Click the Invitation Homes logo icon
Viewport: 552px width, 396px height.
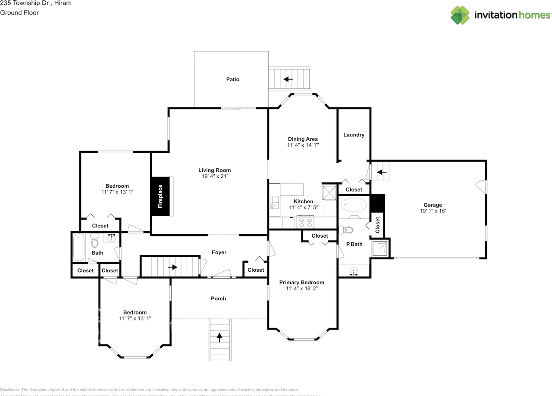coord(460,15)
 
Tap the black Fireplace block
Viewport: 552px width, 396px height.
coord(160,196)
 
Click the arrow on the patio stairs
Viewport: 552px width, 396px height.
coord(288,79)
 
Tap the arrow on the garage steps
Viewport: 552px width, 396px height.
coord(382,172)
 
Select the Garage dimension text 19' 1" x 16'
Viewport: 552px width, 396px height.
coord(433,211)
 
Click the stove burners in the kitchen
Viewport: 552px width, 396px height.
coord(306,222)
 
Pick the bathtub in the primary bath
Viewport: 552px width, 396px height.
coord(353,204)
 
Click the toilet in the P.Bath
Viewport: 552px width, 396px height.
coord(347,229)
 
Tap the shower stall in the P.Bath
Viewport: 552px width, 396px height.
coord(380,248)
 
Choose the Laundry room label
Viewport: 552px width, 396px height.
coord(354,135)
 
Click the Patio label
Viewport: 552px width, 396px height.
coord(232,79)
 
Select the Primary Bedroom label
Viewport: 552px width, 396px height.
coord(301,283)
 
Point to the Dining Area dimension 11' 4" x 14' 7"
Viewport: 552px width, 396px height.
coord(303,145)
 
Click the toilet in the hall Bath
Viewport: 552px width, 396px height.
coord(94,241)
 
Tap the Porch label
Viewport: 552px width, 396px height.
coord(218,299)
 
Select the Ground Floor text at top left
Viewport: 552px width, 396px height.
coord(19,13)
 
